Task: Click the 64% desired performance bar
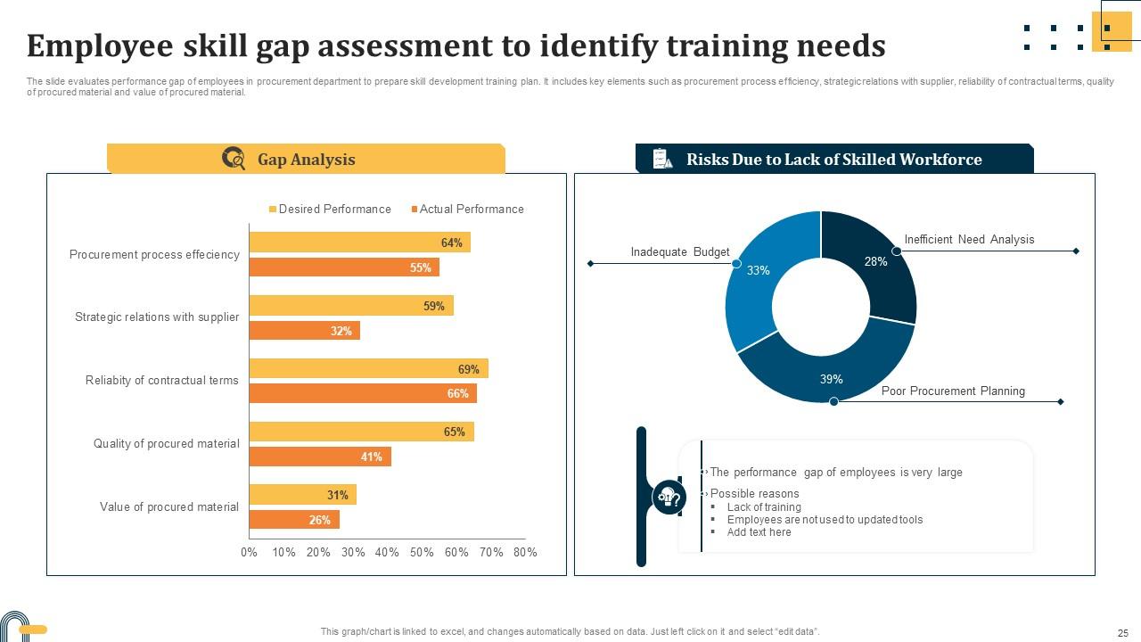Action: tap(359, 243)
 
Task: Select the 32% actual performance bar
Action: tap(304, 331)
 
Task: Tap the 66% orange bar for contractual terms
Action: tap(362, 393)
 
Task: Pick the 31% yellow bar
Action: tap(302, 495)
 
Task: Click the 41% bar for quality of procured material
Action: tap(319, 457)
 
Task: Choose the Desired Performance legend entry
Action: tap(330, 210)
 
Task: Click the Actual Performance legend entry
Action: tap(467, 210)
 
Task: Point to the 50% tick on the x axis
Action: tap(422, 552)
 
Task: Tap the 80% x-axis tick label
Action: tap(525, 552)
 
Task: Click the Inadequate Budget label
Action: tap(680, 252)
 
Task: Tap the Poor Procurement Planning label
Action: tap(953, 391)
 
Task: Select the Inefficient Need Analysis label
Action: tap(969, 240)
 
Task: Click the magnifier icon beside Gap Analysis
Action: tap(234, 159)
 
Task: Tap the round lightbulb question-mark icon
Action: tap(669, 497)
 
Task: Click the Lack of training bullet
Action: tap(764, 507)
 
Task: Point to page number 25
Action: tap(1122, 631)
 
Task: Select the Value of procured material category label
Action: tap(169, 507)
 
